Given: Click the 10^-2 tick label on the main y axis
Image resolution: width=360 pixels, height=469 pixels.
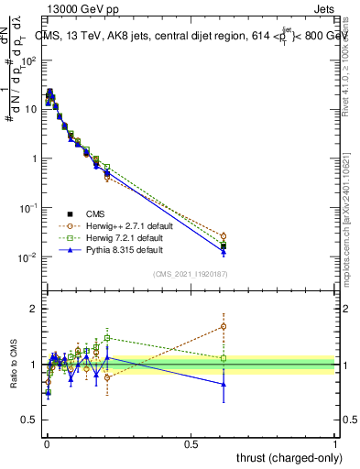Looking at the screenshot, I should pos(26,257).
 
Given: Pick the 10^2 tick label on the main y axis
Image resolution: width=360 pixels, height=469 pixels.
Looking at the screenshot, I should pos(27,60).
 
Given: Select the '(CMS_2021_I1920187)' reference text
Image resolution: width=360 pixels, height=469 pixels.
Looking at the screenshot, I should pos(190,274).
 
